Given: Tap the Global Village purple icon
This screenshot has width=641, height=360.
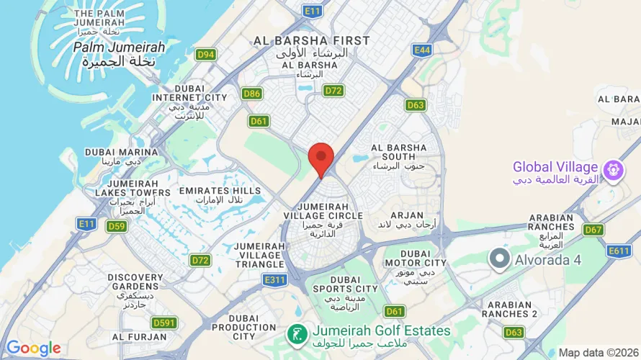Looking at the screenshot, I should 614,170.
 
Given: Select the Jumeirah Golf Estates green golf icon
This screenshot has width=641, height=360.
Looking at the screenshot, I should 295,333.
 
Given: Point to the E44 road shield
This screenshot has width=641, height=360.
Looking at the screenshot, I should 422,49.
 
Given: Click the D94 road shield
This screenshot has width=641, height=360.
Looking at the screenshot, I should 206,54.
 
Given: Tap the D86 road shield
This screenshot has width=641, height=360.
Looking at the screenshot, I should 252,94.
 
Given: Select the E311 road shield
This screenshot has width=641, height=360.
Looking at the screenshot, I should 274,279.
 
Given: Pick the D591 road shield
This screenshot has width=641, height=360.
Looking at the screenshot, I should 165,323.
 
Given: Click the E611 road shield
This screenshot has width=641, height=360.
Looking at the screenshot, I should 619,251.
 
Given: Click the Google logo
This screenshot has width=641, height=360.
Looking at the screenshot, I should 33,348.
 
